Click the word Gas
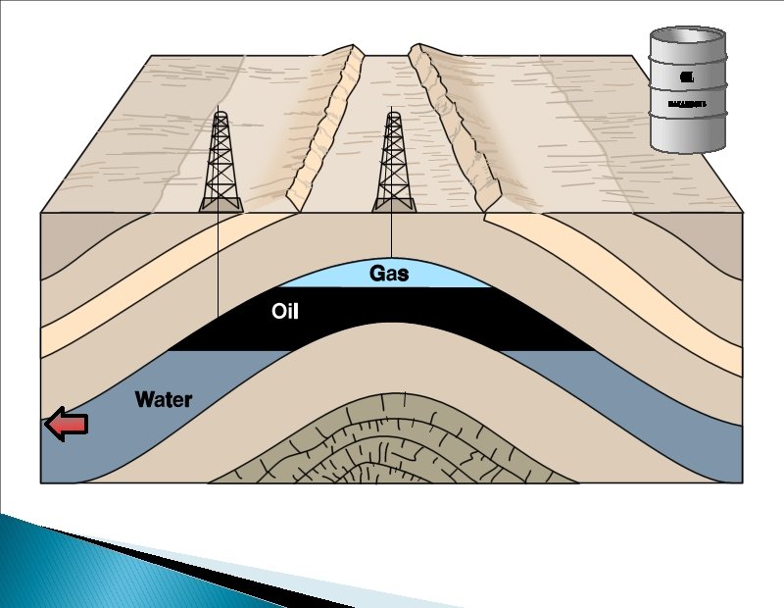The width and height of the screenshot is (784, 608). (x=388, y=273)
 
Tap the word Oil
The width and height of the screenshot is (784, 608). (x=284, y=313)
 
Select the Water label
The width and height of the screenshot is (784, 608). (x=164, y=399)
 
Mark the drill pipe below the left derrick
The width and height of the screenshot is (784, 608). (x=217, y=265)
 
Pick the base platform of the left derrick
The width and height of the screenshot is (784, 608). (x=220, y=204)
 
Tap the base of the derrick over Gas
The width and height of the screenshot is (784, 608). (x=394, y=204)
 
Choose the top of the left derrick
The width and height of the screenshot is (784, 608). (x=220, y=116)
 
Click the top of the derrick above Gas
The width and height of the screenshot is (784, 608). (x=394, y=116)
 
